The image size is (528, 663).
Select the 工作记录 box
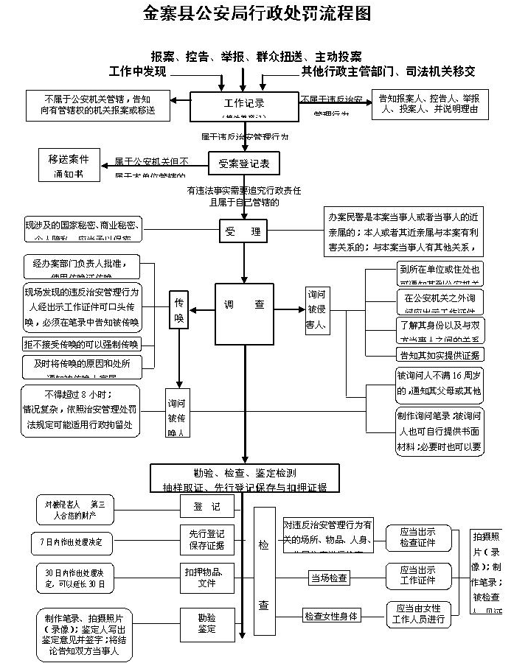click(x=244, y=105)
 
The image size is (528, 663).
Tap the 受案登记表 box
click(x=244, y=163)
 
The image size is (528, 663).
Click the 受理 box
click(x=243, y=231)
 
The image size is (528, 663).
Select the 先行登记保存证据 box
click(x=206, y=539)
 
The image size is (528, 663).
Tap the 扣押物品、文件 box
click(x=206, y=576)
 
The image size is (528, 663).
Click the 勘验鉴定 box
click(x=206, y=623)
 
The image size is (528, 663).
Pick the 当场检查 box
click(x=329, y=579)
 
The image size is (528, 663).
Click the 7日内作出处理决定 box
click(x=73, y=543)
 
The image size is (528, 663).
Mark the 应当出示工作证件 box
click(x=417, y=575)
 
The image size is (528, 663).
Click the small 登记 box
click(x=206, y=507)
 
